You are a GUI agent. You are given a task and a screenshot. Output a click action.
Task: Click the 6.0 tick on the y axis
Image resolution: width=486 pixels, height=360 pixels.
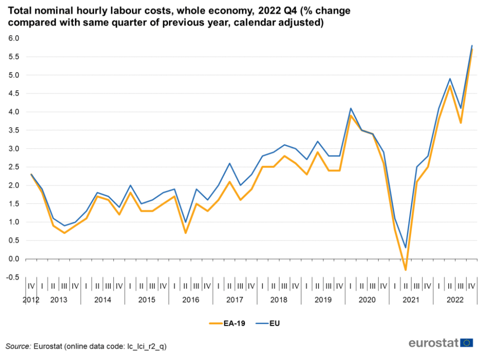click(13, 38)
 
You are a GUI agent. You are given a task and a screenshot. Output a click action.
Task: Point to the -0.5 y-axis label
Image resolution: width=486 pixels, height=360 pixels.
click(12, 277)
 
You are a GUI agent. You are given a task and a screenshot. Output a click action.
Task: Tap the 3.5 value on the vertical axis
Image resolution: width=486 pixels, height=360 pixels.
click(13, 130)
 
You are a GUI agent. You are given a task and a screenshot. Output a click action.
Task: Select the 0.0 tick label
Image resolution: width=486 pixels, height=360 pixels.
click(13, 259)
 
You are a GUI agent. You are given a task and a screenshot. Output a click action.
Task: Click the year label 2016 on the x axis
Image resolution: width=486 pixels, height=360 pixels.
click(191, 300)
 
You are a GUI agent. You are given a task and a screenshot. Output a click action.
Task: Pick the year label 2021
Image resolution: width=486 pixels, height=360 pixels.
click(411, 300)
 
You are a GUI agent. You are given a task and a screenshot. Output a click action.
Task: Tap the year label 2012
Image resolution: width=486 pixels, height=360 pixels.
click(31, 300)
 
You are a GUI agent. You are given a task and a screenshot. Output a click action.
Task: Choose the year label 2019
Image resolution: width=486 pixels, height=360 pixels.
click(323, 300)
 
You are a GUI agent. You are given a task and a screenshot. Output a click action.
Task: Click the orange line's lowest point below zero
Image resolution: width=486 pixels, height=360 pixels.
click(406, 270)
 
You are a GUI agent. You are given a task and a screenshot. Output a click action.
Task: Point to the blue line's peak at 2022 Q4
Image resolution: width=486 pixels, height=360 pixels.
click(472, 46)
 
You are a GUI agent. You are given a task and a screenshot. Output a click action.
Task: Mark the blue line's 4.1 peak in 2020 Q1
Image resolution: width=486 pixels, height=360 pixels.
click(351, 108)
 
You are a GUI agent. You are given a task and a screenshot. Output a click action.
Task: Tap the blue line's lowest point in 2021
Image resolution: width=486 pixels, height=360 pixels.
click(406, 248)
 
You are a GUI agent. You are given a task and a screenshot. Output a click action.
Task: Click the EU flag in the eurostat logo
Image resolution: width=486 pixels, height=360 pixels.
click(467, 343)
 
